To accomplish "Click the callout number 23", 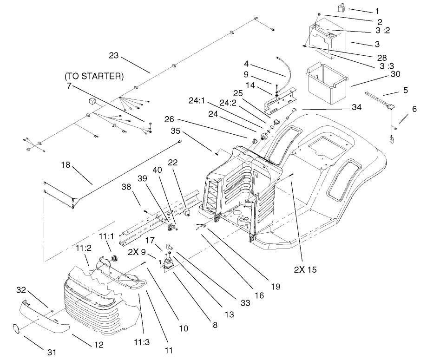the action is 114,56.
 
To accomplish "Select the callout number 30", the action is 395,74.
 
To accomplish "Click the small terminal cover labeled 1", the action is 341,7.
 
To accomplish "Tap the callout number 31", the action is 52,352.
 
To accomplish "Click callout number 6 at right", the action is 414,109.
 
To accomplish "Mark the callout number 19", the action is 276,287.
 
